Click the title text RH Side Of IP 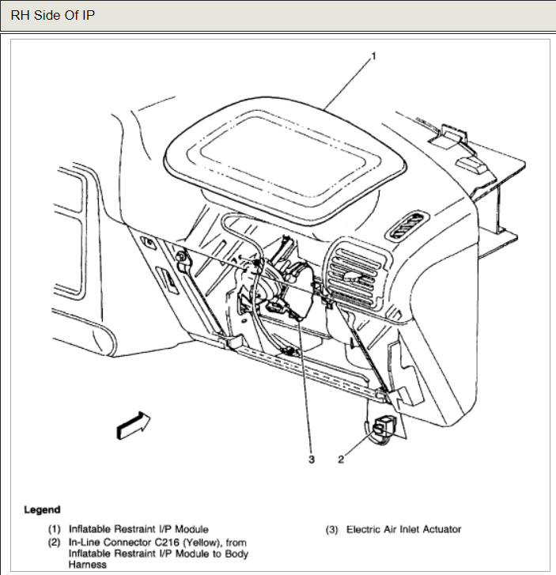tap(52, 15)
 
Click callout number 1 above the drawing tap(373, 56)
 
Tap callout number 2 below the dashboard tap(342, 459)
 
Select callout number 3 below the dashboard tap(311, 459)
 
